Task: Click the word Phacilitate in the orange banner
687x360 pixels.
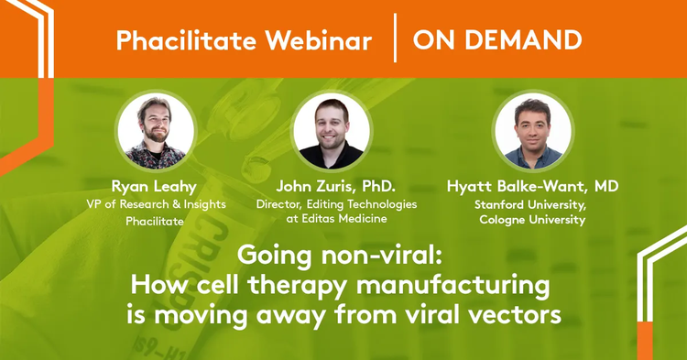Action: [186, 40]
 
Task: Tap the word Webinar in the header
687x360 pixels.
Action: [319, 40]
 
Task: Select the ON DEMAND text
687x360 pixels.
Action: [497, 40]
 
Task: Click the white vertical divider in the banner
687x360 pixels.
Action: [395, 38]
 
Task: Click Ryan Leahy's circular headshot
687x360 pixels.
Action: [156, 130]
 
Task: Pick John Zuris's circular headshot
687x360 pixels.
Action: [332, 130]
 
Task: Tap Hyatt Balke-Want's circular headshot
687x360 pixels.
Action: [533, 130]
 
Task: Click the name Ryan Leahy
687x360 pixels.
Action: [154, 187]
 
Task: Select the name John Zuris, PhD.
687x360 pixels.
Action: [335, 187]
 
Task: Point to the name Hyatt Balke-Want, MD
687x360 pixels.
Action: [533, 187]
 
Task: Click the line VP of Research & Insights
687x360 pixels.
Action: [156, 204]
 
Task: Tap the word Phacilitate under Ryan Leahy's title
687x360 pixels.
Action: [155, 221]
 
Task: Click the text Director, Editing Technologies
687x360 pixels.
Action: [336, 204]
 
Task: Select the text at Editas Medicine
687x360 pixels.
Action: [336, 219]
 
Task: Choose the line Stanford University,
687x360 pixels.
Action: [530, 205]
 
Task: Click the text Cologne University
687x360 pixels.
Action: [532, 220]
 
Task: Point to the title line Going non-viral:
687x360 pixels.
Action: [340, 256]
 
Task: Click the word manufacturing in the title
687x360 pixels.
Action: [453, 286]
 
